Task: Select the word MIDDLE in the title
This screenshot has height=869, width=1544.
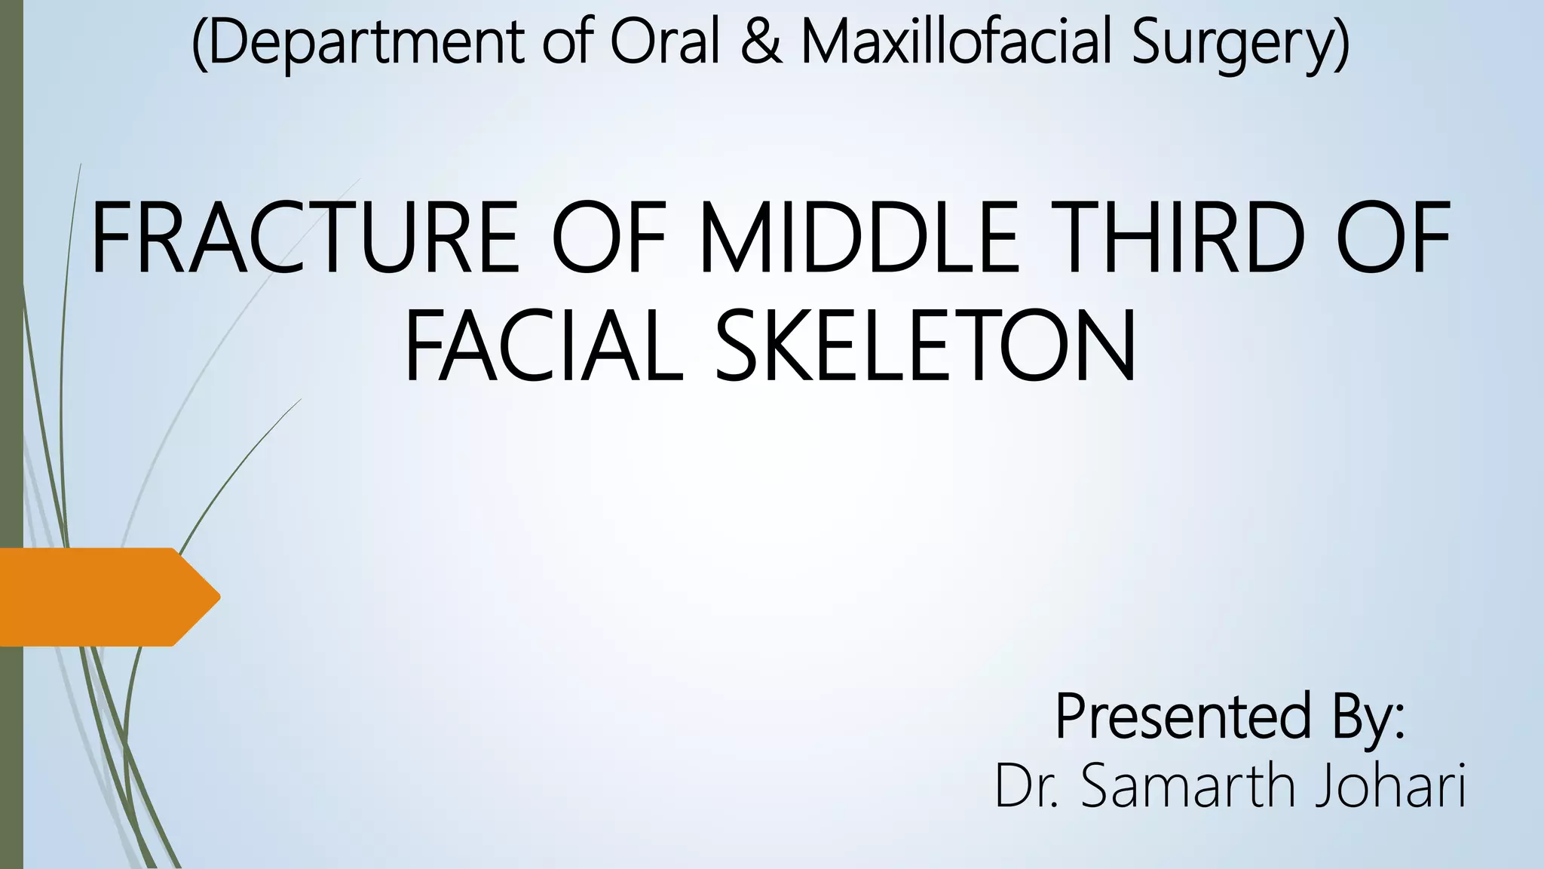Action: tap(859, 238)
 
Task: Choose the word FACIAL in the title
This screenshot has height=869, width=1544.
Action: tap(543, 347)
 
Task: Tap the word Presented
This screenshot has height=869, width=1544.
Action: tap(1183, 717)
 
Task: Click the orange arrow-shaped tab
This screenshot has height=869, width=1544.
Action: tap(98, 597)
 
